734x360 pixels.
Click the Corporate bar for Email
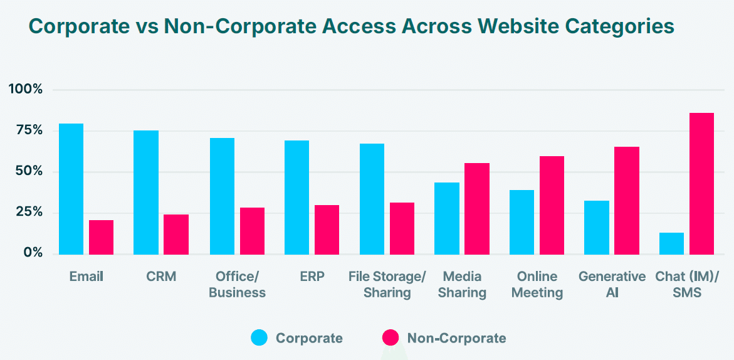click(71, 189)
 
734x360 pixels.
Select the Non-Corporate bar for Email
click(101, 237)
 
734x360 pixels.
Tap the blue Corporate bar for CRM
click(146, 192)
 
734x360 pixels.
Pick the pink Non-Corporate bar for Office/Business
click(252, 231)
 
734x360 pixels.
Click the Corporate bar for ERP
click(296, 197)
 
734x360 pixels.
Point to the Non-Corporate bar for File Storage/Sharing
click(402, 228)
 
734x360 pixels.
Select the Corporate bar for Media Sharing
click(447, 218)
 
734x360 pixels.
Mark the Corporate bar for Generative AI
click(597, 227)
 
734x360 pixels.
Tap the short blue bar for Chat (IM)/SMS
click(671, 243)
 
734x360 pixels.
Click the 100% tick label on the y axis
click(26, 90)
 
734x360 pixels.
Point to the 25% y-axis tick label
click(28, 213)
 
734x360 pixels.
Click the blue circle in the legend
click(259, 338)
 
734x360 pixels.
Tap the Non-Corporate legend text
click(456, 339)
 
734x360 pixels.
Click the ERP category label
click(312, 277)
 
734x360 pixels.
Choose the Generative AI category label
click(612, 284)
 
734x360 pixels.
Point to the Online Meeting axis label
click(537, 284)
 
